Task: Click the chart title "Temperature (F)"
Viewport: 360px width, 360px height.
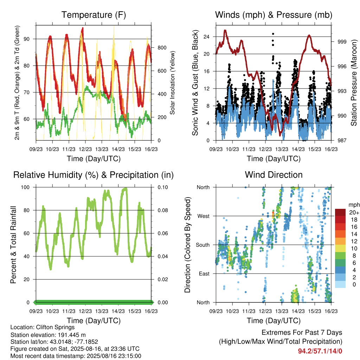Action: pyautogui.click(x=94, y=15)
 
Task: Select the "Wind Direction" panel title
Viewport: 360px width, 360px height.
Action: pyautogui.click(x=274, y=175)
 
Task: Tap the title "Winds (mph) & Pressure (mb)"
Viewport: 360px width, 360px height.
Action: pyautogui.click(x=274, y=15)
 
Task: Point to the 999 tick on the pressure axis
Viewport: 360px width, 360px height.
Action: pyautogui.click(x=342, y=42)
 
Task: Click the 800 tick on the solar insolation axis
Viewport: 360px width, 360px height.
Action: pyautogui.click(x=162, y=48)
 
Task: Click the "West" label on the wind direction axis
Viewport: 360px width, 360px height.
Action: pyautogui.click(x=204, y=216)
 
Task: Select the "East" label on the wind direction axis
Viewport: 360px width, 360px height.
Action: pyautogui.click(x=204, y=274)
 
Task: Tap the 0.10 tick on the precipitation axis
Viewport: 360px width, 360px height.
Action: pyautogui.click(x=163, y=187)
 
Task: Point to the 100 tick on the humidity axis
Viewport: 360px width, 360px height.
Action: pyautogui.click(x=25, y=187)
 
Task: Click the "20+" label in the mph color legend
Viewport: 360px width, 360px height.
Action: pyautogui.click(x=354, y=212)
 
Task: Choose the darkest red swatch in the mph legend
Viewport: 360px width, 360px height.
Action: pyautogui.click(x=340, y=212)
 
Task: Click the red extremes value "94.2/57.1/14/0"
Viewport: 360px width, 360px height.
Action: pyautogui.click(x=320, y=351)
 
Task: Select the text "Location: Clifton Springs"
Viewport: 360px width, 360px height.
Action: pyautogui.click(x=43, y=327)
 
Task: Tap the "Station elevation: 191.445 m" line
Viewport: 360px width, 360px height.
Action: pyautogui.click(x=48, y=335)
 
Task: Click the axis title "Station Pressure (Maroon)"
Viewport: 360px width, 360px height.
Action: pyautogui.click(x=354, y=83)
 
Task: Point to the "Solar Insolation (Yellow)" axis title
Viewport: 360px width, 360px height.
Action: pyautogui.click(x=172, y=83)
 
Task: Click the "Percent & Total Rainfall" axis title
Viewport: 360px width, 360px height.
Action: pyautogui.click(x=13, y=245)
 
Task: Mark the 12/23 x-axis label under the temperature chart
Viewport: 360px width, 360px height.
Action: pyautogui.click(x=85, y=149)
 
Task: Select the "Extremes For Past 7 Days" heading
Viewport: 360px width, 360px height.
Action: pyautogui.click(x=302, y=333)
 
